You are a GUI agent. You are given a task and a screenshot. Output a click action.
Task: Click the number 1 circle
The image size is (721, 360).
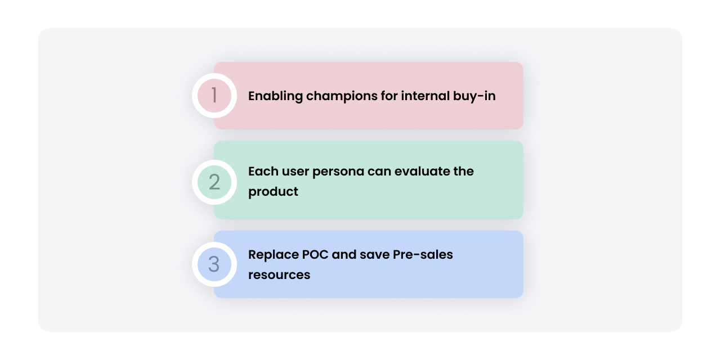click(x=214, y=96)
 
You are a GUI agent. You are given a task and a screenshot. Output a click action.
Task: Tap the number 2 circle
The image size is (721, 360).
click(x=214, y=182)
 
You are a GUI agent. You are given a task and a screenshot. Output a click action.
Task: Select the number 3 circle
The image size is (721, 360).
click(x=214, y=264)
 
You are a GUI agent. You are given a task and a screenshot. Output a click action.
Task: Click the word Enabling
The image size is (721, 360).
click(x=275, y=96)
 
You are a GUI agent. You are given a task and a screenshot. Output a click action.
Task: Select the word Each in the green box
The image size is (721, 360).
click(x=262, y=171)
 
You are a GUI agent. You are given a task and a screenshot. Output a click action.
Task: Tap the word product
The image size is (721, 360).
click(x=273, y=192)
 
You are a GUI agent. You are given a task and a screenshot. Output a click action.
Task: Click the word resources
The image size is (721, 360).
click(x=279, y=275)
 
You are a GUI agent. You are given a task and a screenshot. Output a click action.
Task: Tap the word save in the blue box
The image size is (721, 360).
click(x=375, y=254)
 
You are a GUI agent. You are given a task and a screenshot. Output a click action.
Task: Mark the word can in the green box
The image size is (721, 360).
click(x=379, y=171)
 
